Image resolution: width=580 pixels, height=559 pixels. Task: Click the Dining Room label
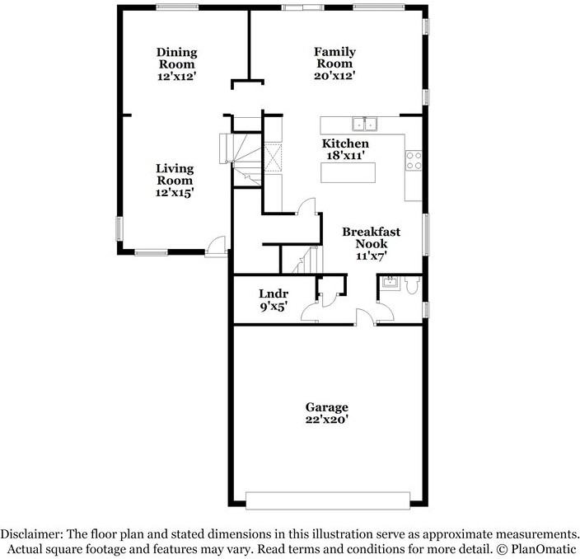coord(177,59)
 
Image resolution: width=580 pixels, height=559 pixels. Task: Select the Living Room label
coord(175,175)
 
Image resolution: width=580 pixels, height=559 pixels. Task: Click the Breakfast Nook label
coord(372,237)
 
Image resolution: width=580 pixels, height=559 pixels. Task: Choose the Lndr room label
coord(272,294)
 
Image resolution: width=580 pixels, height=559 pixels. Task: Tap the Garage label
coord(327,407)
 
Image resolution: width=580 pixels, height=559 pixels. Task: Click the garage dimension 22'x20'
coord(327,419)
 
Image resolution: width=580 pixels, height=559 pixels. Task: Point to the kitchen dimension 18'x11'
coord(345,155)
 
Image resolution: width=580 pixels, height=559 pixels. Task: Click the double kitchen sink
coord(363,124)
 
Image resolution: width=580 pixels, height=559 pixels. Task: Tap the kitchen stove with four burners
coord(414,160)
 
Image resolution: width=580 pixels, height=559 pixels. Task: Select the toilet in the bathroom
coord(413,285)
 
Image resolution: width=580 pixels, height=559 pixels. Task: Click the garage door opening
coord(327,500)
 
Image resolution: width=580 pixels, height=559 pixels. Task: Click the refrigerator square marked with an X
coord(274,156)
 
